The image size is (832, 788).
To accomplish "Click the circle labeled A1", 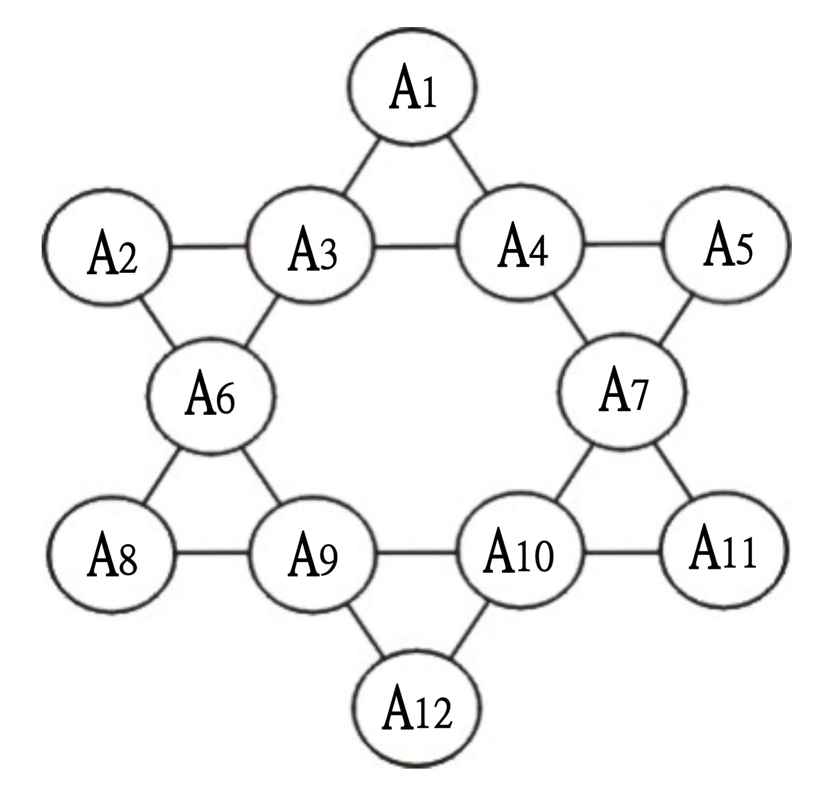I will point(412,87).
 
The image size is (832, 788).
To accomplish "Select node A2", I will point(107,247).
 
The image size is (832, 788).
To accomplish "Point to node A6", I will point(210,396).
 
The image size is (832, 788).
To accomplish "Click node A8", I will point(111,554).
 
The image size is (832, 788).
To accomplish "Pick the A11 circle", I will point(724,550).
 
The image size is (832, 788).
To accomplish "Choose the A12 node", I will point(417,709).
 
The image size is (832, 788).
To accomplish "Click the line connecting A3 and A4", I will point(416,247).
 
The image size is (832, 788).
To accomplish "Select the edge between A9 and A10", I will point(417,552).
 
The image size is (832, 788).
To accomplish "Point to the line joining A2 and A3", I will point(208,247).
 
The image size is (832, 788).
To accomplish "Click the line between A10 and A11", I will point(623,552).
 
